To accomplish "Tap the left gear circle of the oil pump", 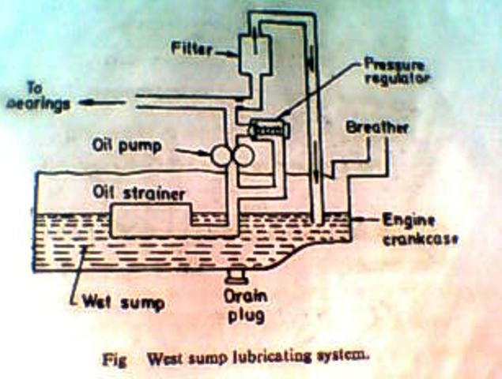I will (x=221, y=156).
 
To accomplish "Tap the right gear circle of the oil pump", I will (x=243, y=156).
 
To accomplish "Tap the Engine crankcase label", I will (x=418, y=228).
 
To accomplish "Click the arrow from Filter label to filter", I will (x=229, y=53).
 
